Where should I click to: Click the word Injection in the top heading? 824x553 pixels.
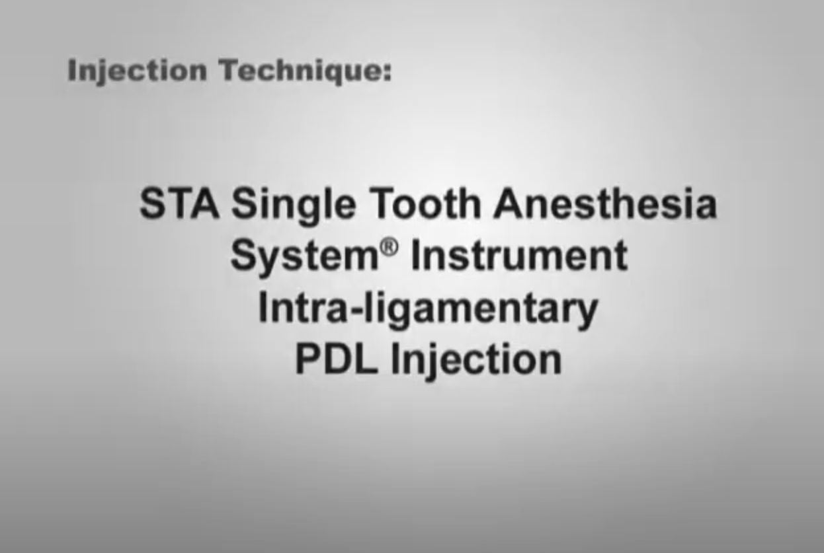coord(137,71)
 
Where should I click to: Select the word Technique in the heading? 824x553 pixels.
coord(300,71)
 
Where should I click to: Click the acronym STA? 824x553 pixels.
coord(179,203)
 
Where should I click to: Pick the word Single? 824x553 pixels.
coord(294,205)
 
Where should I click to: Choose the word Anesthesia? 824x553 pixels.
coord(606,203)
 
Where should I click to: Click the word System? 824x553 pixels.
coord(305,256)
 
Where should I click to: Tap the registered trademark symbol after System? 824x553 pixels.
coord(389,247)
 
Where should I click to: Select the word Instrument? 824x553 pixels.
coord(519,254)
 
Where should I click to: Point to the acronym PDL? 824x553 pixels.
coord(337,358)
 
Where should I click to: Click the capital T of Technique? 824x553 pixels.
coord(230,69)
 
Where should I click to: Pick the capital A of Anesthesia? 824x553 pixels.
coord(509,203)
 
